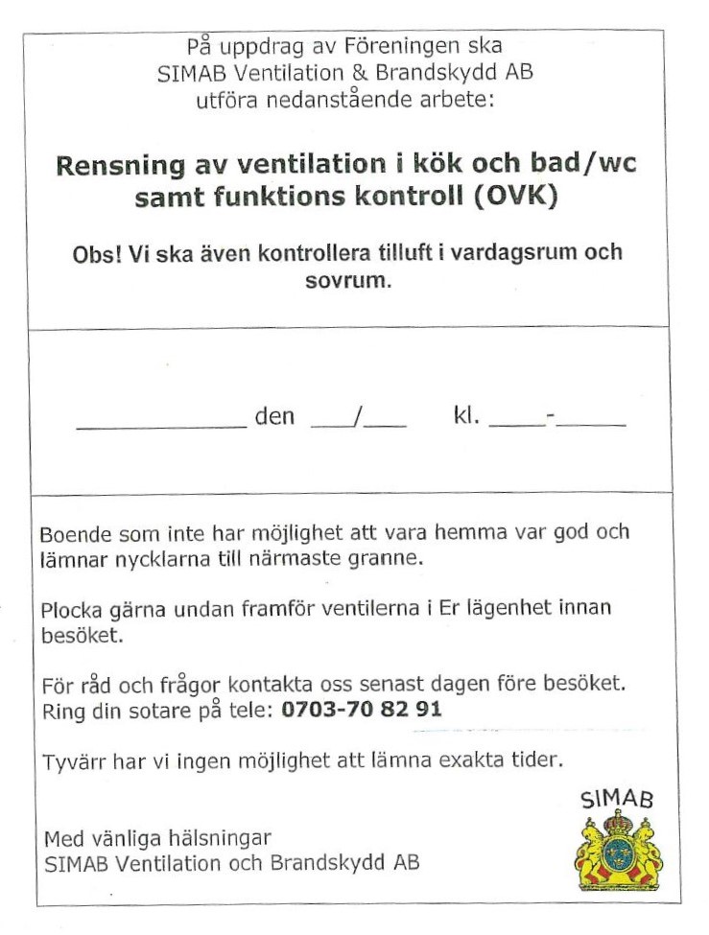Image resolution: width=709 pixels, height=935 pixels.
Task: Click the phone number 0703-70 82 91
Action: (x=362, y=711)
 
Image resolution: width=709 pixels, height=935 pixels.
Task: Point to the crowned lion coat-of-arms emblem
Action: (x=619, y=851)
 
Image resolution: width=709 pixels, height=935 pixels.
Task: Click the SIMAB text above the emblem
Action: (x=618, y=798)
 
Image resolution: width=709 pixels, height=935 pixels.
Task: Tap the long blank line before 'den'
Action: (x=160, y=426)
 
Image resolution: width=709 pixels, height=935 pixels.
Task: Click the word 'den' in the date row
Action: (x=274, y=417)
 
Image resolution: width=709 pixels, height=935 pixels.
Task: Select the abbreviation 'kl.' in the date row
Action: (x=466, y=417)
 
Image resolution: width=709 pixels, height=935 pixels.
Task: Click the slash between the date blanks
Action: (x=359, y=418)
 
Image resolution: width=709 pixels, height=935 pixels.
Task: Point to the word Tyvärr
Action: (x=73, y=762)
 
